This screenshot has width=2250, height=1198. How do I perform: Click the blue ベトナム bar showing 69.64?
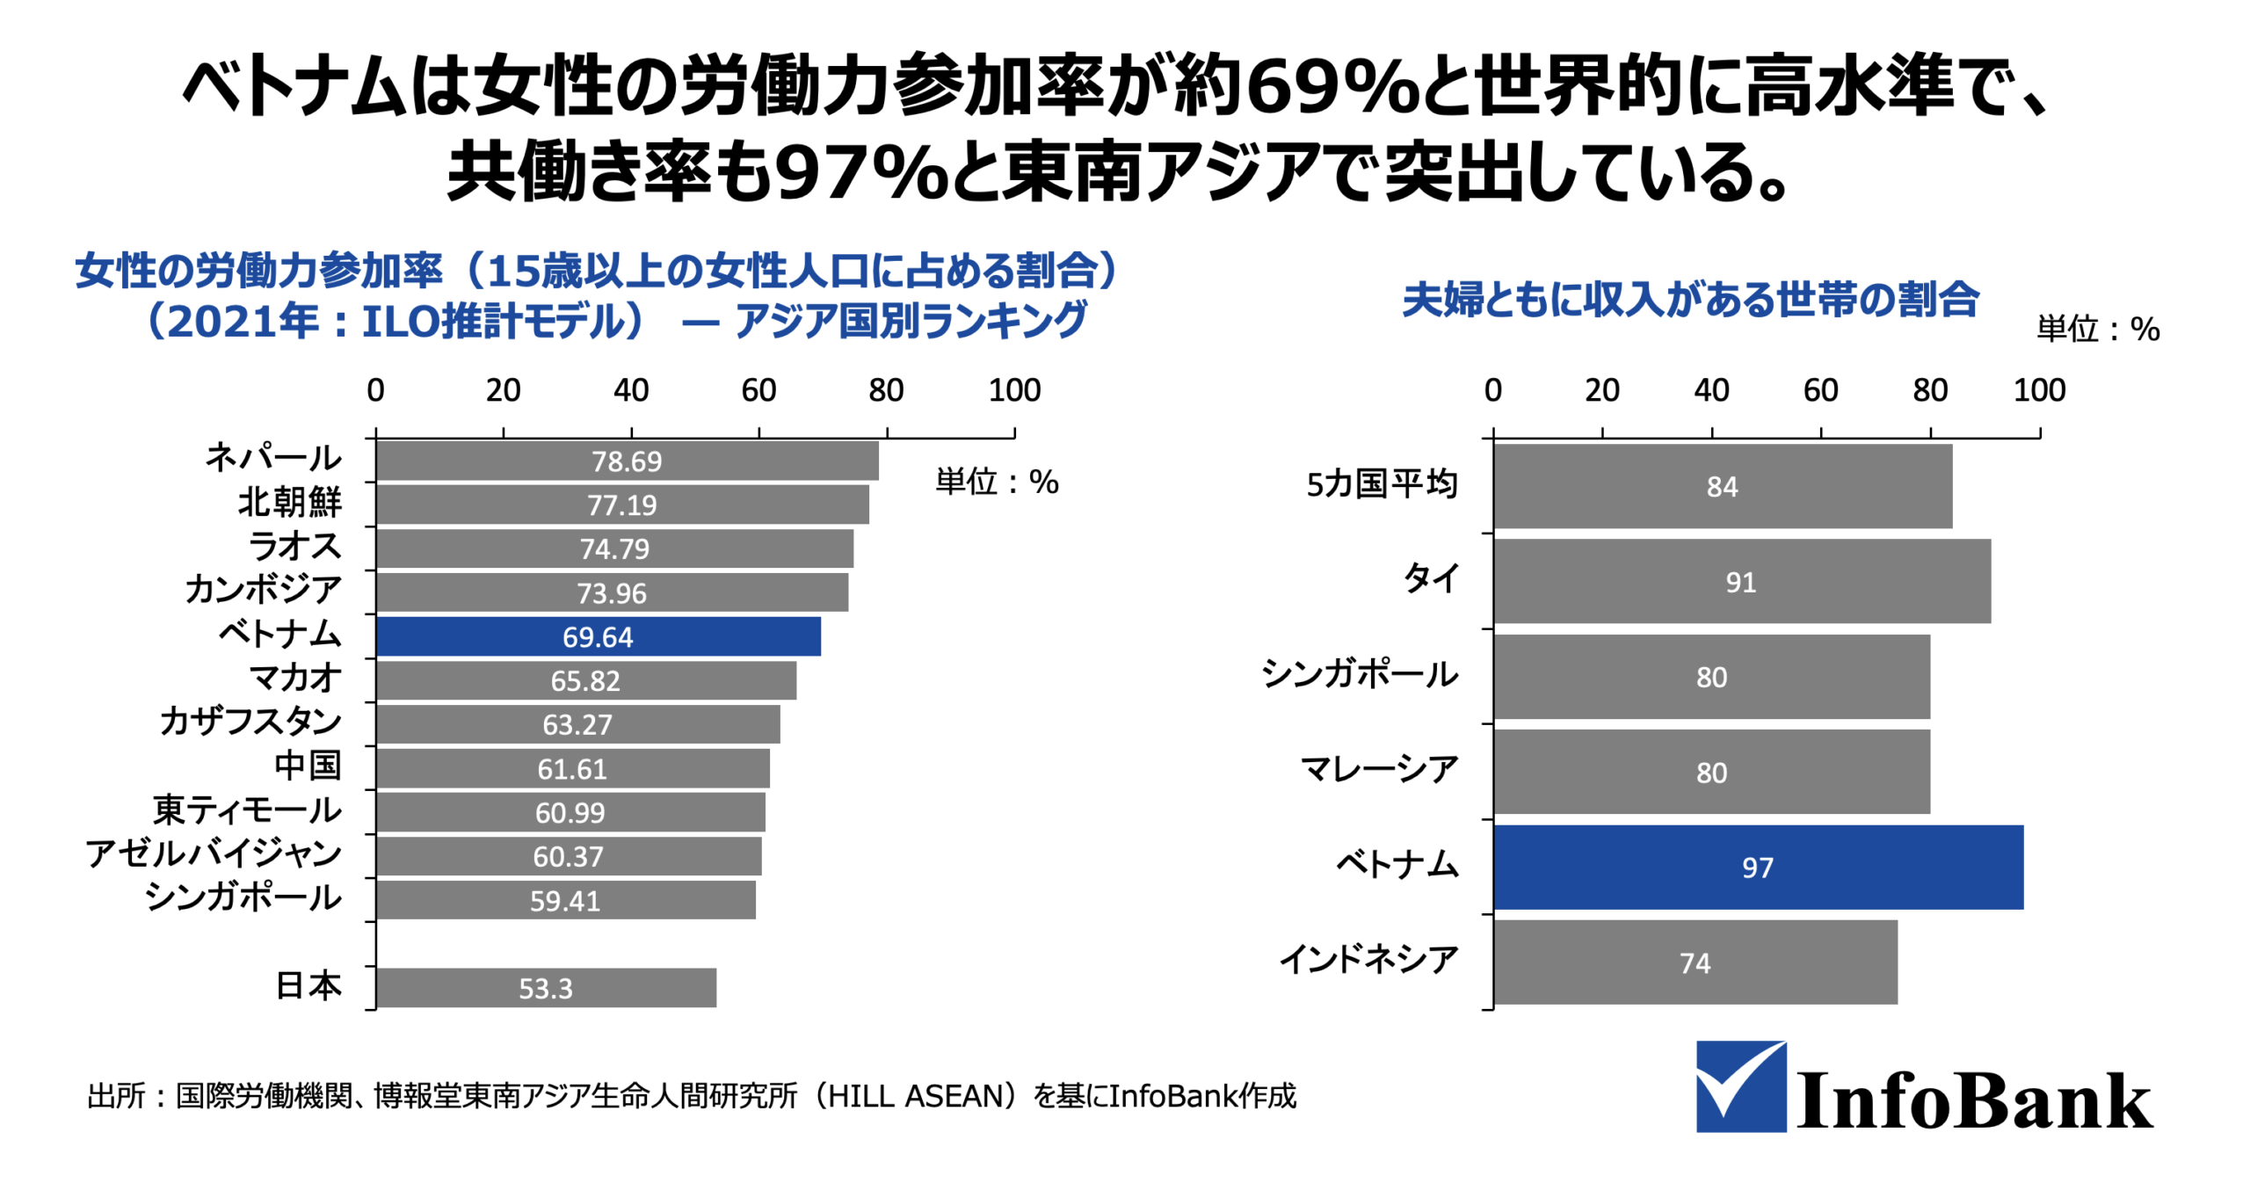pos(598,636)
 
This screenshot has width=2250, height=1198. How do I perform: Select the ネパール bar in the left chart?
pos(626,461)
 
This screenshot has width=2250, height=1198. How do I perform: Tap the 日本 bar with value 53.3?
pos(545,988)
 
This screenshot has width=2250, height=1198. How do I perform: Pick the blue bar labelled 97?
pos(1758,867)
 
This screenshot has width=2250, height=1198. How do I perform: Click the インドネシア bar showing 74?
pos(1695,962)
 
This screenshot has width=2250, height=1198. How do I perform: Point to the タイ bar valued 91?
pos(1741,582)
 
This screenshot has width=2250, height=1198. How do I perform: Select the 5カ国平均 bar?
pos(1722,486)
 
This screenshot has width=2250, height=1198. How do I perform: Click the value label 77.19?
pos(621,505)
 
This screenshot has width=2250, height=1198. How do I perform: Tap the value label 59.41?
pos(564,901)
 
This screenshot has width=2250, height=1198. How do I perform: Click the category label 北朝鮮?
pos(289,502)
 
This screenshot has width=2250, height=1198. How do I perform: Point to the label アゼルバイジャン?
pos(214,853)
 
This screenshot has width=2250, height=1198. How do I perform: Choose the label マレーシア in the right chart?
pos(1379,770)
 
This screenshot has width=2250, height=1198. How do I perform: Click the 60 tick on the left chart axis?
pos(758,390)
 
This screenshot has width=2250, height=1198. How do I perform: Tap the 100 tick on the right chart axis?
pos(2039,390)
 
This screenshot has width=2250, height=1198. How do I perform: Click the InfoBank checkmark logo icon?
pos(1740,1086)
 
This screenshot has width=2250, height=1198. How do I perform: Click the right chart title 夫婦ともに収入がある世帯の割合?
pos(1690,300)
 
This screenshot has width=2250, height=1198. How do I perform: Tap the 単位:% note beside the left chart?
pos(997,482)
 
